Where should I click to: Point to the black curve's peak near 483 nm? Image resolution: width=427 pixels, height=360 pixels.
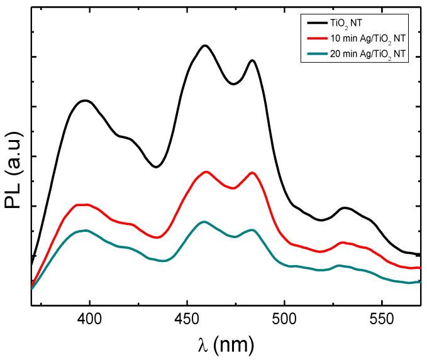(252, 60)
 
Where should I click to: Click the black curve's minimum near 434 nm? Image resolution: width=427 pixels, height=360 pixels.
(156, 166)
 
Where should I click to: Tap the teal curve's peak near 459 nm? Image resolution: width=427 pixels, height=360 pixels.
(203, 222)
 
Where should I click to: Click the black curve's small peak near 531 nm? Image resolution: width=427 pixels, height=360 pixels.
(345, 207)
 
